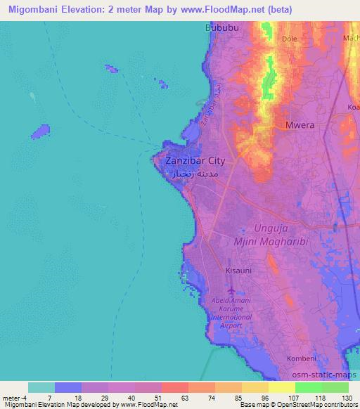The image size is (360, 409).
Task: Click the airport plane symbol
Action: (x=231, y=290)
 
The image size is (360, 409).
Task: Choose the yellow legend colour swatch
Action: (x=282, y=387)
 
